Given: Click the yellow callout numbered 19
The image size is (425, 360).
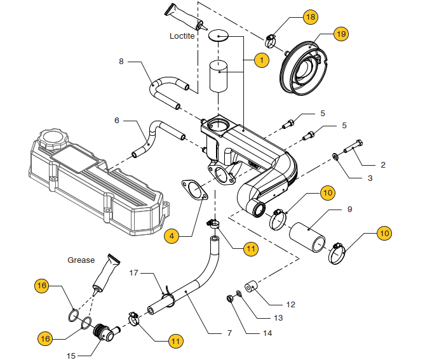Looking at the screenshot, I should point(341,34).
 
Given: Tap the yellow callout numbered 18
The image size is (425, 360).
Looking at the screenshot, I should point(310,17).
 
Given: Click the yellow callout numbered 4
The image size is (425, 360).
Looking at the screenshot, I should point(171,236).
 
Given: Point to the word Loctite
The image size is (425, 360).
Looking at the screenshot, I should point(182,36).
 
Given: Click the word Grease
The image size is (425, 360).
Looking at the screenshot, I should point(81,260).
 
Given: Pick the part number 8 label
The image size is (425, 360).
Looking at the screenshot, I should point(121,62).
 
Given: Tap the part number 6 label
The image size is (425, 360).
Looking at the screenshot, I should point(117,120).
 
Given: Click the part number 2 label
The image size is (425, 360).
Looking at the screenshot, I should point(383,164).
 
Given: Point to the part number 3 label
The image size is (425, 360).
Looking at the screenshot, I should point(370,179).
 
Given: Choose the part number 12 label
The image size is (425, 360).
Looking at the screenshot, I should point(290,305).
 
